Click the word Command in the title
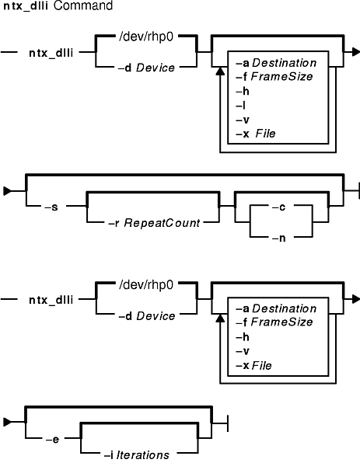83,5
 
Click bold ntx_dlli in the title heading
26,6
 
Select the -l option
240,106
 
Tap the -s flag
51,207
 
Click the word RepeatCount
162,223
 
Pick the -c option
278,207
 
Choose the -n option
278,238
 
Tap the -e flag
52,440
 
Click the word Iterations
143,455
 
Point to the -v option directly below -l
243,120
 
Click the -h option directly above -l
243,91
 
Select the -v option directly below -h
243,351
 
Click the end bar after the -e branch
227,423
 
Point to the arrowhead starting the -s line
7,191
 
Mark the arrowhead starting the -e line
7,422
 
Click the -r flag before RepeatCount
114,223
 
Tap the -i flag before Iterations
109,455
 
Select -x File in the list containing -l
255,134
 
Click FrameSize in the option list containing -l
281,77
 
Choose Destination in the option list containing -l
285,63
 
